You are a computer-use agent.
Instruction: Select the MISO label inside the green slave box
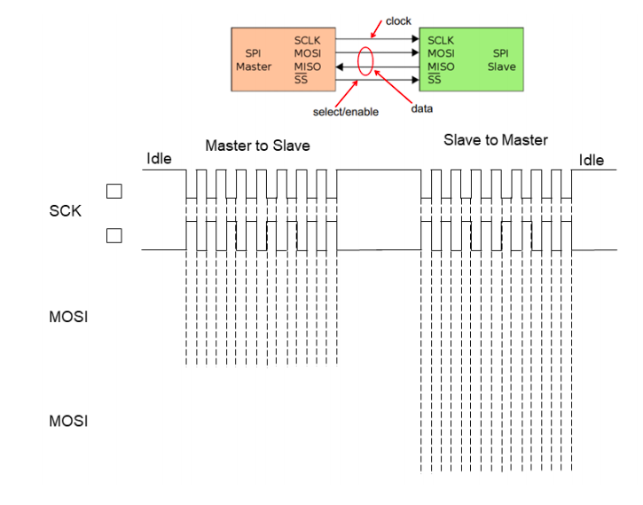442,67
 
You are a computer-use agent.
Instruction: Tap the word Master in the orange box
254,67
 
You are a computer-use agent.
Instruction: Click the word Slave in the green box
501,67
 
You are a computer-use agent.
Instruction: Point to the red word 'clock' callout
398,20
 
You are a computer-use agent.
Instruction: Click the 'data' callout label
422,108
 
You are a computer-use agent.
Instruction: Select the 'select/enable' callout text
346,112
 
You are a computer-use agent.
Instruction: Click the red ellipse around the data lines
365,60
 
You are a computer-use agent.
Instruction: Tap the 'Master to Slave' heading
258,146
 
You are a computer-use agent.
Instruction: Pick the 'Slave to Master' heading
495,140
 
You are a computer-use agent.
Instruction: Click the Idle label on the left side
159,160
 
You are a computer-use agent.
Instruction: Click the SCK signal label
64,211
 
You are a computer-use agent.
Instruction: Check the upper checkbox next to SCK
114,191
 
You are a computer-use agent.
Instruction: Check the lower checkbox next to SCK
114,235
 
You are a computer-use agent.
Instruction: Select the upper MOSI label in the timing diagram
69,316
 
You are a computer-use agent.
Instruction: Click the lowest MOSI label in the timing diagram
69,421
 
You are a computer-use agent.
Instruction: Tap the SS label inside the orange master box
301,81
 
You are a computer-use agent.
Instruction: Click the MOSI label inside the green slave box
443,53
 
